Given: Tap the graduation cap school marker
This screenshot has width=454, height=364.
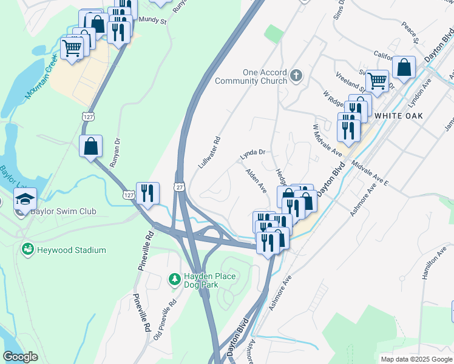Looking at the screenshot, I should click(x=25, y=199).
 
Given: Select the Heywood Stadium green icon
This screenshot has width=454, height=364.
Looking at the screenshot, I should click(x=27, y=249).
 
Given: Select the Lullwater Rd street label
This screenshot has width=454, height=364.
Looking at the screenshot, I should click(x=209, y=152).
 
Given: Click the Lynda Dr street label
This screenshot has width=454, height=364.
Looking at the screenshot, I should click(x=253, y=154).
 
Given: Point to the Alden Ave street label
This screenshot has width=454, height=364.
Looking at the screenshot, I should click(x=256, y=181).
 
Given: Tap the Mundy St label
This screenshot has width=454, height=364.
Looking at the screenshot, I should click(x=152, y=19).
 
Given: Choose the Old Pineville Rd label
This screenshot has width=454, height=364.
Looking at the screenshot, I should click(x=164, y=318).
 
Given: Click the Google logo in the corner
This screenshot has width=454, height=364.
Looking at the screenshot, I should click(x=20, y=357).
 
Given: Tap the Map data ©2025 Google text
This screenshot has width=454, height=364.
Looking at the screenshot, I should click(x=416, y=359).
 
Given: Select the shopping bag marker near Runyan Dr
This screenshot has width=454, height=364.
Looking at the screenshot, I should click(x=91, y=146).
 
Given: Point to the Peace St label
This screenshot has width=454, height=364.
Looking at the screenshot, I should click(x=410, y=33).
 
